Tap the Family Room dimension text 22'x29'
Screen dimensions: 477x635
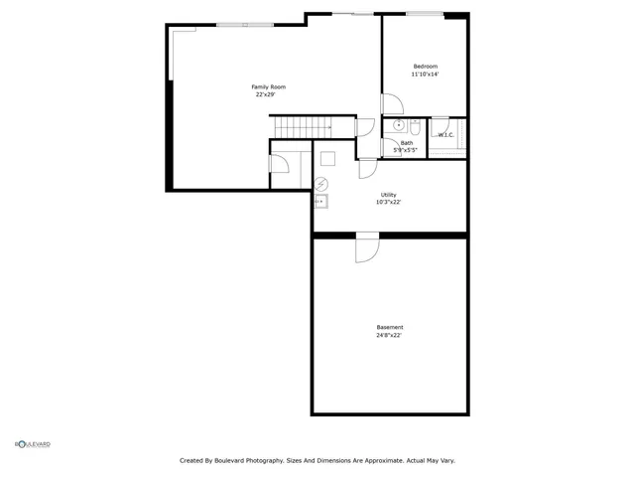point(263,95)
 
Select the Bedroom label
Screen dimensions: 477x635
point(426,67)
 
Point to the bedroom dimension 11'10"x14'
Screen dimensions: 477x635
point(426,75)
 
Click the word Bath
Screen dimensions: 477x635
point(407,143)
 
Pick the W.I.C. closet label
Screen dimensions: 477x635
point(445,134)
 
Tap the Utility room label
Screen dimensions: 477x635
point(388,195)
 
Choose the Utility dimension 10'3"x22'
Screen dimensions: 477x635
point(388,202)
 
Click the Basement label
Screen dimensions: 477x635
point(389,328)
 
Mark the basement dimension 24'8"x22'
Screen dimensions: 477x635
point(389,336)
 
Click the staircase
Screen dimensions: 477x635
point(306,127)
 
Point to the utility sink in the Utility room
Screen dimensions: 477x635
point(320,201)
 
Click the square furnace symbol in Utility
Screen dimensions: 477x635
point(327,156)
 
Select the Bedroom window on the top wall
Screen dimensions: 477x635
point(425,14)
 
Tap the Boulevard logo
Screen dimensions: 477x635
point(32,444)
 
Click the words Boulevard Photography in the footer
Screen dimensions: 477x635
point(246,460)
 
